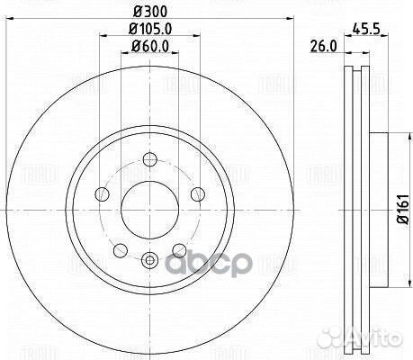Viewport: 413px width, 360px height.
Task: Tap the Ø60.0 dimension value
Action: point(146,48)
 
